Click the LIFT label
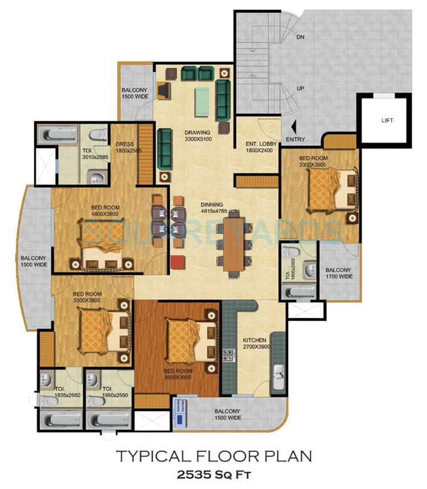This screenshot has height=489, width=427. [x=387, y=121]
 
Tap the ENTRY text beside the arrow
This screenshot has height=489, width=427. [x=296, y=139]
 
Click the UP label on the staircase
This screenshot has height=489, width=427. [x=300, y=89]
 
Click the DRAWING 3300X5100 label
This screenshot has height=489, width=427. [x=197, y=137]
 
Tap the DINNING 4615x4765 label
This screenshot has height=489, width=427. [x=211, y=208]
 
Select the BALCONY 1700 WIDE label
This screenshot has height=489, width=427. [x=339, y=273]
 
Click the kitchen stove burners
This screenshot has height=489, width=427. [x=230, y=355]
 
